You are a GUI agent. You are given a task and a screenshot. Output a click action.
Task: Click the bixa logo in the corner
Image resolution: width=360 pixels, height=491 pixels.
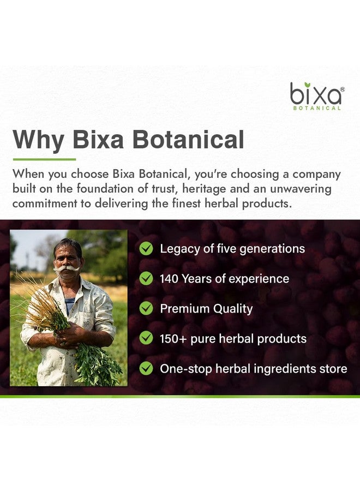coord(316,95)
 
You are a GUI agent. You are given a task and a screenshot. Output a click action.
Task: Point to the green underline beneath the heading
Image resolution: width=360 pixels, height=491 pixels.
coord(44,159)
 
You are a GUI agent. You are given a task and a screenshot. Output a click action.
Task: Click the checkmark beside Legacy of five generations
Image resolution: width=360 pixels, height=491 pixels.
coord(146,249)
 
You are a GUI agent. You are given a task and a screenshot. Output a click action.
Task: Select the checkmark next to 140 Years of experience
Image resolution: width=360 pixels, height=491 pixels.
coord(146,279)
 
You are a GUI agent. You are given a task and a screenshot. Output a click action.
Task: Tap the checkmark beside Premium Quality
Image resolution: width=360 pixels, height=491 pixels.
coord(146,308)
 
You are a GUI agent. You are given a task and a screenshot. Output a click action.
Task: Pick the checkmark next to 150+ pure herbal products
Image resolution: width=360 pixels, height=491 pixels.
coord(146,338)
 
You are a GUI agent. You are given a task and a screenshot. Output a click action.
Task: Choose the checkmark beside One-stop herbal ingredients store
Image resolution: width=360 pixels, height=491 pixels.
coord(146,369)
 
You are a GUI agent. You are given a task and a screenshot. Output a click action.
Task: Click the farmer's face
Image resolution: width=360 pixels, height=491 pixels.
coord(67,259)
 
